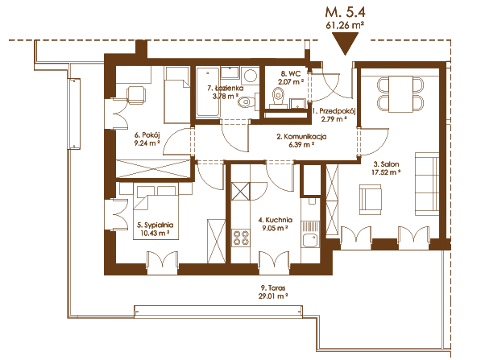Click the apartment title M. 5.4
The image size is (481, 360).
[345, 13]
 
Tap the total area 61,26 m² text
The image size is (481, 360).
[345, 25]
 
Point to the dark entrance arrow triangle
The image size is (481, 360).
[346, 43]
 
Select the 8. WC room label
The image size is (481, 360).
[291, 74]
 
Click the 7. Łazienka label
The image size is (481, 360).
[226, 89]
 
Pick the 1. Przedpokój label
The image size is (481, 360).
[334, 111]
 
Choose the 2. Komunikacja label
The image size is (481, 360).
[301, 137]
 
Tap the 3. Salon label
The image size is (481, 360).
[386, 164]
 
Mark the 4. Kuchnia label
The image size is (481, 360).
[276, 220]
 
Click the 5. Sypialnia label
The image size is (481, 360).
[155, 225]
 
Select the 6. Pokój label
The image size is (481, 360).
[147, 135]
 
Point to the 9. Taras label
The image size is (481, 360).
[273, 288]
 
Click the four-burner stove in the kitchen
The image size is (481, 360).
[241, 238]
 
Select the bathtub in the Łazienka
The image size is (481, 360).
[208, 93]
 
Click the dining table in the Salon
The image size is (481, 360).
[400, 94]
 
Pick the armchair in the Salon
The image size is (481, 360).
[371, 200]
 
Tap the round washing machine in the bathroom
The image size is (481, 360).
[250, 76]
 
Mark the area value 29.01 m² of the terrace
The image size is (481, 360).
[273, 296]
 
